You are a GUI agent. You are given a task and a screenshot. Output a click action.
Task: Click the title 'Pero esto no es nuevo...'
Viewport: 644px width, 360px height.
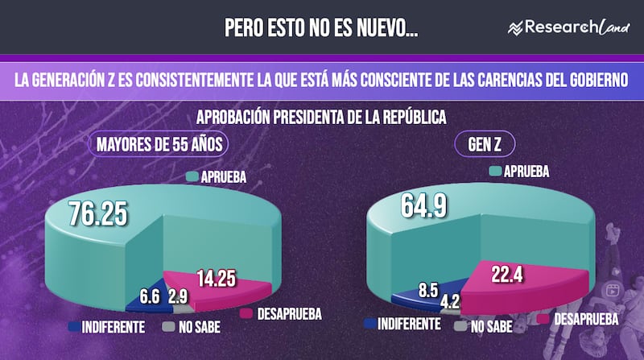tap(321, 28)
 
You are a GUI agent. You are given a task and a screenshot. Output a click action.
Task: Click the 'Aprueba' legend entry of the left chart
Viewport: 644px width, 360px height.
tap(216, 176)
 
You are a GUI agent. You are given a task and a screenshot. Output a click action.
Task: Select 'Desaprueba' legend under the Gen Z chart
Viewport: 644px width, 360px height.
tap(586, 320)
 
